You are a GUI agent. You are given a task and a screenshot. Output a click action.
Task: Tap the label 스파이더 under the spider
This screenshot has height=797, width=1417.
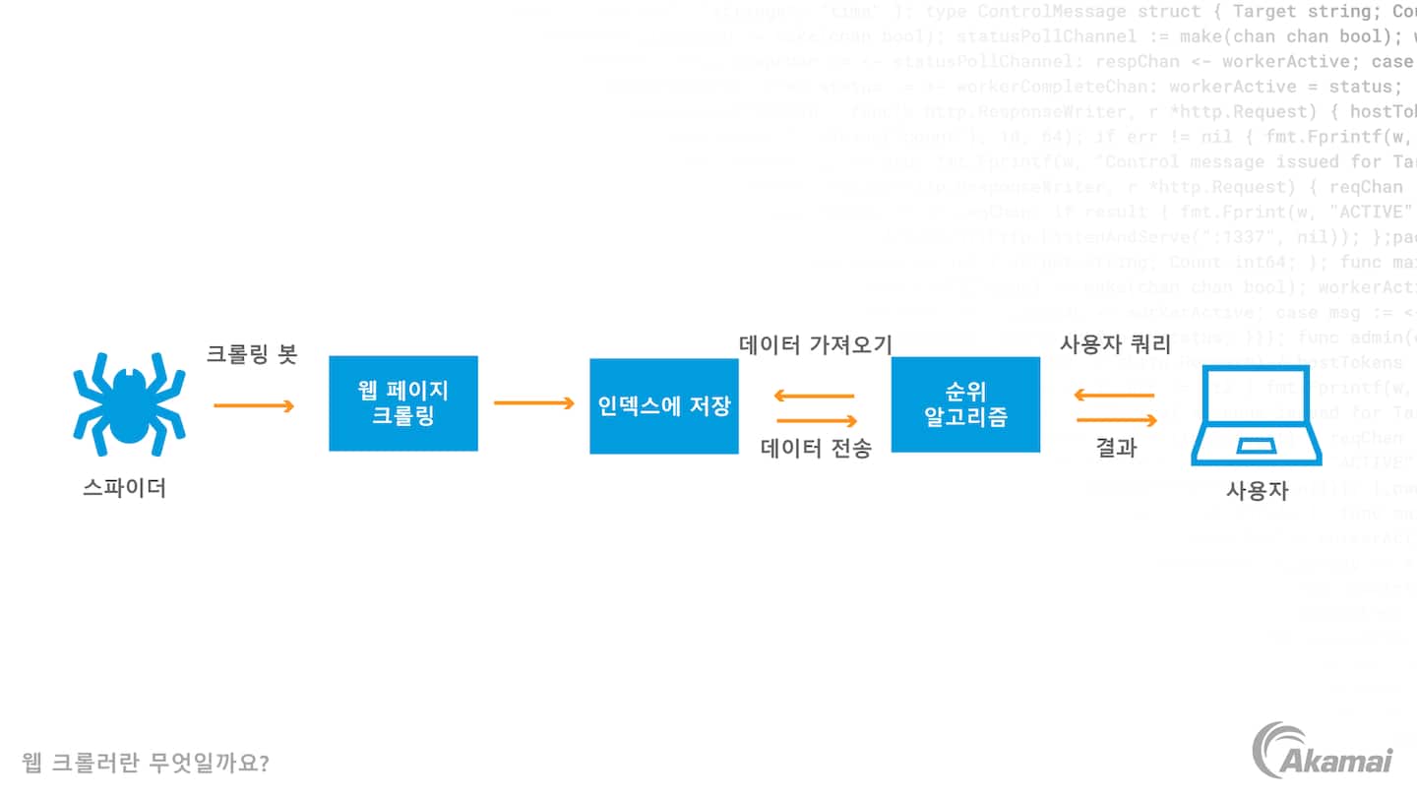pyautogui.click(x=124, y=487)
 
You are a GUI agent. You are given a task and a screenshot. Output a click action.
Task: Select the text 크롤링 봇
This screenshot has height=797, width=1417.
pyautogui.click(x=251, y=354)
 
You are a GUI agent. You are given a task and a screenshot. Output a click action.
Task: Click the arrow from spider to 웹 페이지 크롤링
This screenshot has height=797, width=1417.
pyautogui.click(x=254, y=405)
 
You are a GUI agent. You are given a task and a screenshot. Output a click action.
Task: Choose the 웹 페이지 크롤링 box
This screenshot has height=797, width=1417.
pyautogui.click(x=403, y=403)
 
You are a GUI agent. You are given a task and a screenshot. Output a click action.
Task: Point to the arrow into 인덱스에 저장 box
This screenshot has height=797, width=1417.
pyautogui.click(x=533, y=402)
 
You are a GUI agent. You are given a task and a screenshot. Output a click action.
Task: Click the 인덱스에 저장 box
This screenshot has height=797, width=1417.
pyautogui.click(x=664, y=405)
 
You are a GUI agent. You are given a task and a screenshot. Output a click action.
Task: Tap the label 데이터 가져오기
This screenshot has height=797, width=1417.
pyautogui.click(x=816, y=344)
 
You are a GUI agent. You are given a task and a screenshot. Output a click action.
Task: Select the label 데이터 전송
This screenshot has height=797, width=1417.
pyautogui.click(x=816, y=449)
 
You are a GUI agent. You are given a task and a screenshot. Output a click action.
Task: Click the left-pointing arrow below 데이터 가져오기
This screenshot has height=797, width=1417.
pyautogui.click(x=814, y=396)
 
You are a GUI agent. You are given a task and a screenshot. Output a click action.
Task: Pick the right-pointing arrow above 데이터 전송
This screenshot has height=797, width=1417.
pyautogui.click(x=816, y=421)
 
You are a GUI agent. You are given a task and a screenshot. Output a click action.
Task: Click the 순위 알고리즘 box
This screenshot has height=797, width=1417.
pyautogui.click(x=965, y=404)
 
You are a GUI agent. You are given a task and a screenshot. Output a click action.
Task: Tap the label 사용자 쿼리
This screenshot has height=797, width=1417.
pyautogui.click(x=1115, y=345)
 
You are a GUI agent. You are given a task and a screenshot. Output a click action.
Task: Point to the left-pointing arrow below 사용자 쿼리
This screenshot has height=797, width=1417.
pyautogui.click(x=1114, y=396)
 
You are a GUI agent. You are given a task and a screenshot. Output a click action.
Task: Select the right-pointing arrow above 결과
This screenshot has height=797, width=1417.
pyautogui.click(x=1116, y=421)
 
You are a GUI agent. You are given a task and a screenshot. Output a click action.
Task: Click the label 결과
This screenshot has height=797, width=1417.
pyautogui.click(x=1116, y=448)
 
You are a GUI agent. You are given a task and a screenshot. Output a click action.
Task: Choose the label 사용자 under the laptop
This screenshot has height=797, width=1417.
pyautogui.click(x=1257, y=491)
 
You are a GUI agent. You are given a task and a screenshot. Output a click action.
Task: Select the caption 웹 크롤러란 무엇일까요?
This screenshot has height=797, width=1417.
pyautogui.click(x=146, y=763)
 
